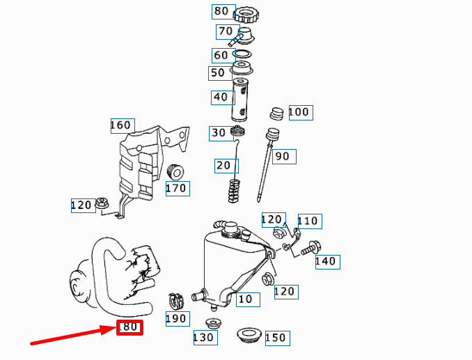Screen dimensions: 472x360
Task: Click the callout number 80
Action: [221, 11]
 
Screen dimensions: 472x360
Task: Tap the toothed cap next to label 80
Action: [246, 15]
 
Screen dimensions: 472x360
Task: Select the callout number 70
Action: [226, 31]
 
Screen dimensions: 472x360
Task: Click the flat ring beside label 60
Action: [242, 54]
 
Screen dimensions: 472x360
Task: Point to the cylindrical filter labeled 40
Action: [240, 100]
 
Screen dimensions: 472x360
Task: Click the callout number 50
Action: [218, 73]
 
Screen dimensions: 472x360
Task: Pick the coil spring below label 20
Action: [234, 191]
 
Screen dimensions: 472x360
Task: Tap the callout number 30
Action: [219, 133]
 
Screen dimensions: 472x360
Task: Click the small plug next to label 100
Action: [276, 114]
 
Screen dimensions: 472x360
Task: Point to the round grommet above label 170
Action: [175, 173]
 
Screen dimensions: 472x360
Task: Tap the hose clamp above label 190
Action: [176, 301]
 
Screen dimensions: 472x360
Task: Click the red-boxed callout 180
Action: [129, 327]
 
